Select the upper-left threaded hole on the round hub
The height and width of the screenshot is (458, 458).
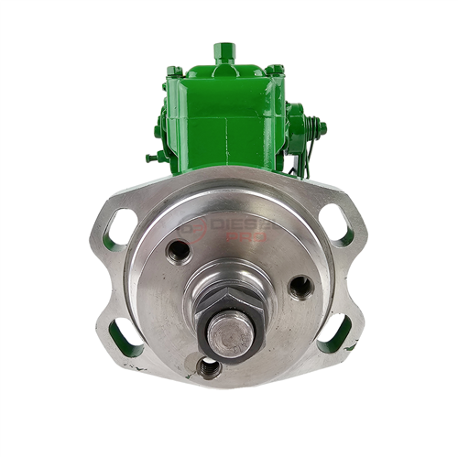click(178, 250)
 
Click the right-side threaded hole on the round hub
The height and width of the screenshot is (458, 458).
click(300, 287)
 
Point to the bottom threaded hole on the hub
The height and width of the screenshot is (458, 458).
click(209, 367)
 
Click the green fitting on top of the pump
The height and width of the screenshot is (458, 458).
click(221, 52)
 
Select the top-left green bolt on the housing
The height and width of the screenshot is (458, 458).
click(174, 70)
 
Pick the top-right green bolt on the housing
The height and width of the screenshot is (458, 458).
click(274, 69)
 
